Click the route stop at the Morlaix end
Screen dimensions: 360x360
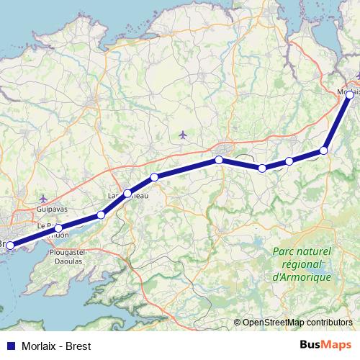pos(350,94)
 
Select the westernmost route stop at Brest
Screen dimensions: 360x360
pos(9,246)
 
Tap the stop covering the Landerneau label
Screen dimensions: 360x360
pos(127,193)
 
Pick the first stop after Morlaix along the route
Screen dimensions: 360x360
pos(324,150)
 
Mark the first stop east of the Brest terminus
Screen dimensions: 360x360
pos(59,229)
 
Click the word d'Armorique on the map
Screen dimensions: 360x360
pos(302,277)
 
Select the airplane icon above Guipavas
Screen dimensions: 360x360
pos(43,198)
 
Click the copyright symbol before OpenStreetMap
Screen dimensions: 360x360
pos(238,322)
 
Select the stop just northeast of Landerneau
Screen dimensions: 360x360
pos(154,177)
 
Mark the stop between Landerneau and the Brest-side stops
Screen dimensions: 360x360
pos(101,215)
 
